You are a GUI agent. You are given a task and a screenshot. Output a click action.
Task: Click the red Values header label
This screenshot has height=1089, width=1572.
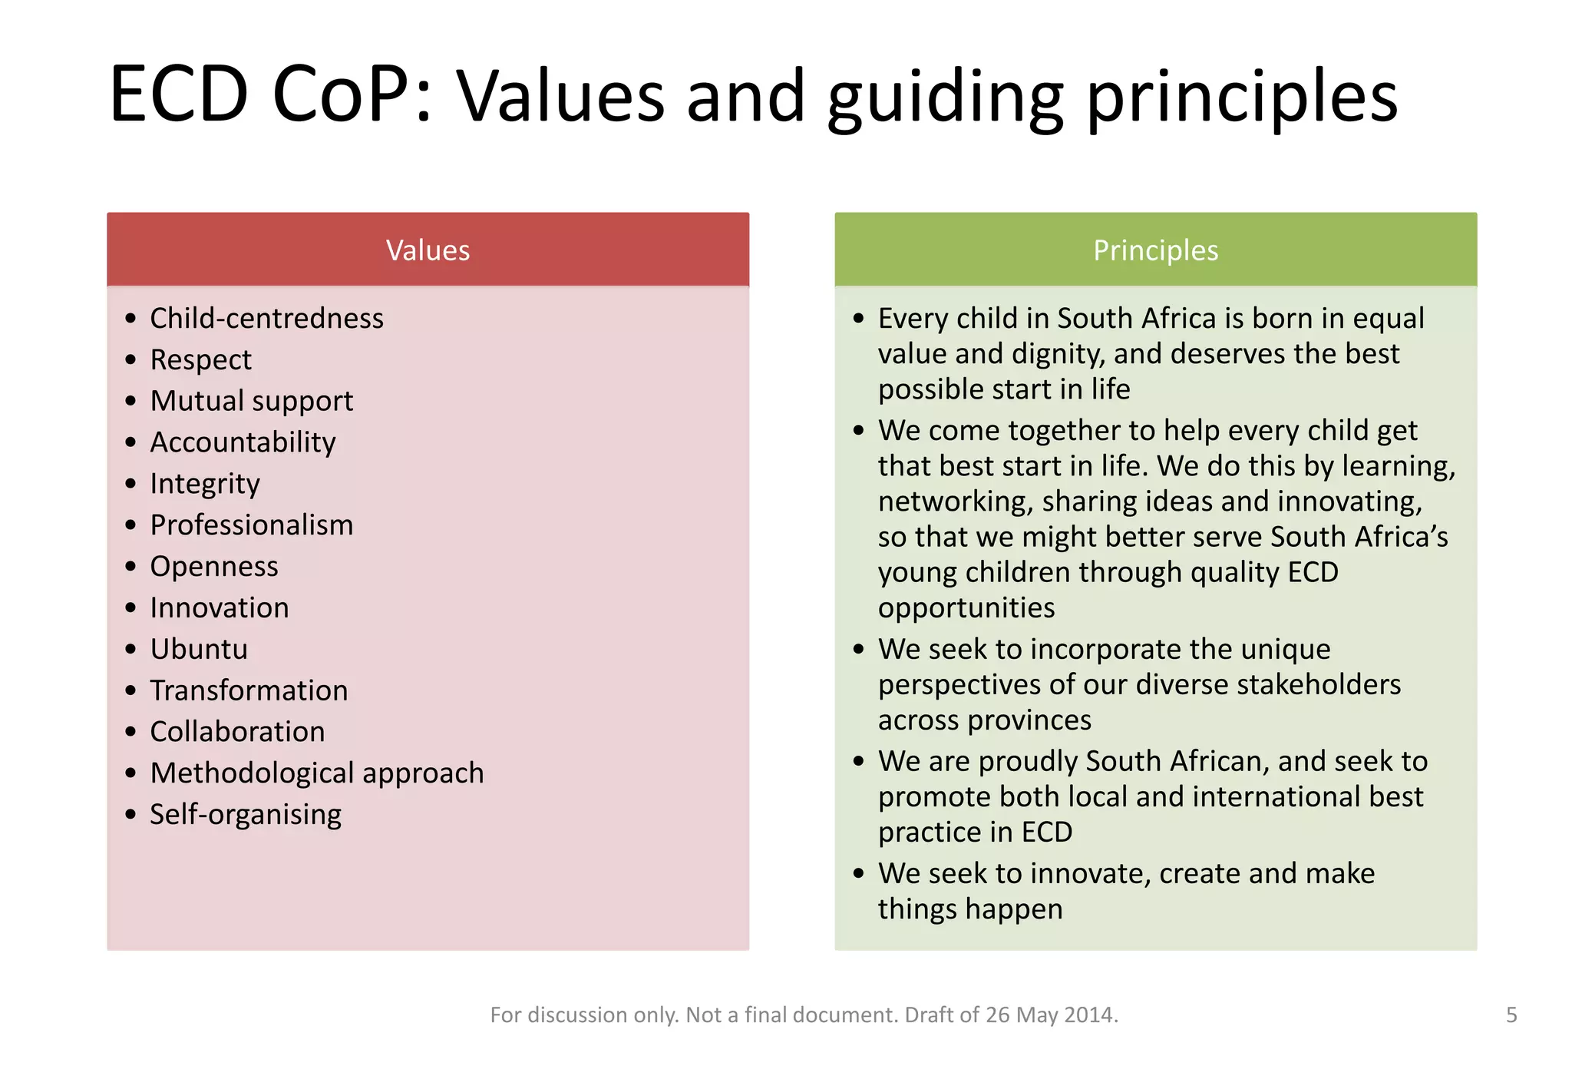click(428, 250)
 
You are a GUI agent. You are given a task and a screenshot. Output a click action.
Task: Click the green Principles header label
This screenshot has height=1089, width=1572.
click(1155, 250)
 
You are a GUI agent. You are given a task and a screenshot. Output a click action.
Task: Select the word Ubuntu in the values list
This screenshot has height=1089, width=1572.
click(199, 649)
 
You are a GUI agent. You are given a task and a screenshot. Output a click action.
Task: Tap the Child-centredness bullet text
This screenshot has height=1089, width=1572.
click(266, 318)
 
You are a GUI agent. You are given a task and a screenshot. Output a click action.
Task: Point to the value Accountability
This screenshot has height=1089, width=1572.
click(243, 442)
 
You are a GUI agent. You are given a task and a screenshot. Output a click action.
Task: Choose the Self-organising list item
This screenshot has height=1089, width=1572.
click(245, 814)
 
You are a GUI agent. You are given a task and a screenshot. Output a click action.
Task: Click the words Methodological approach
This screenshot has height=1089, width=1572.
click(316, 773)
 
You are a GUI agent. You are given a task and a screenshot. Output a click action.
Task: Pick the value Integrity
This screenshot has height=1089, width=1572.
click(204, 484)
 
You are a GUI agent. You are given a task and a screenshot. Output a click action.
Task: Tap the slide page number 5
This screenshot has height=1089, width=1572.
click(1511, 1015)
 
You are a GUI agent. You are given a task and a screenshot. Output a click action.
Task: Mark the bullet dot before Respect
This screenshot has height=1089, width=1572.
click(130, 359)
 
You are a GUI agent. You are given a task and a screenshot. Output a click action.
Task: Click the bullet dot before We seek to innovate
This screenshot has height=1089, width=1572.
click(859, 873)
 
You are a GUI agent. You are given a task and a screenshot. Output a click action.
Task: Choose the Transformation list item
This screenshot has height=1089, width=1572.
click(249, 690)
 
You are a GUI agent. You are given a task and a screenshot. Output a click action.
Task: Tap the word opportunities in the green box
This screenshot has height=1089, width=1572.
click(966, 607)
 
